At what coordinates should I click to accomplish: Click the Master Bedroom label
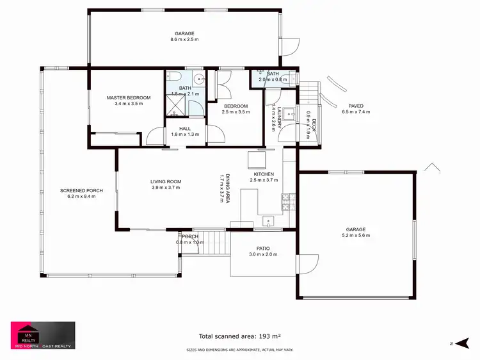pyautogui.click(x=129, y=97)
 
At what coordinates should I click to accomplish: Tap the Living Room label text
pyautogui.click(x=166, y=182)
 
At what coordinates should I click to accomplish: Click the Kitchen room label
pyautogui.click(x=264, y=174)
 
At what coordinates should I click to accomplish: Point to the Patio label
pyautogui.click(x=263, y=248)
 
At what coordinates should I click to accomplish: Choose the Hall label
pyautogui.click(x=185, y=128)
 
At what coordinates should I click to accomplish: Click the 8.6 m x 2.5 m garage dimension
pyautogui.click(x=184, y=40)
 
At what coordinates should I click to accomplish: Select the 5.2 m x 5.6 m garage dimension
pyautogui.click(x=356, y=236)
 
